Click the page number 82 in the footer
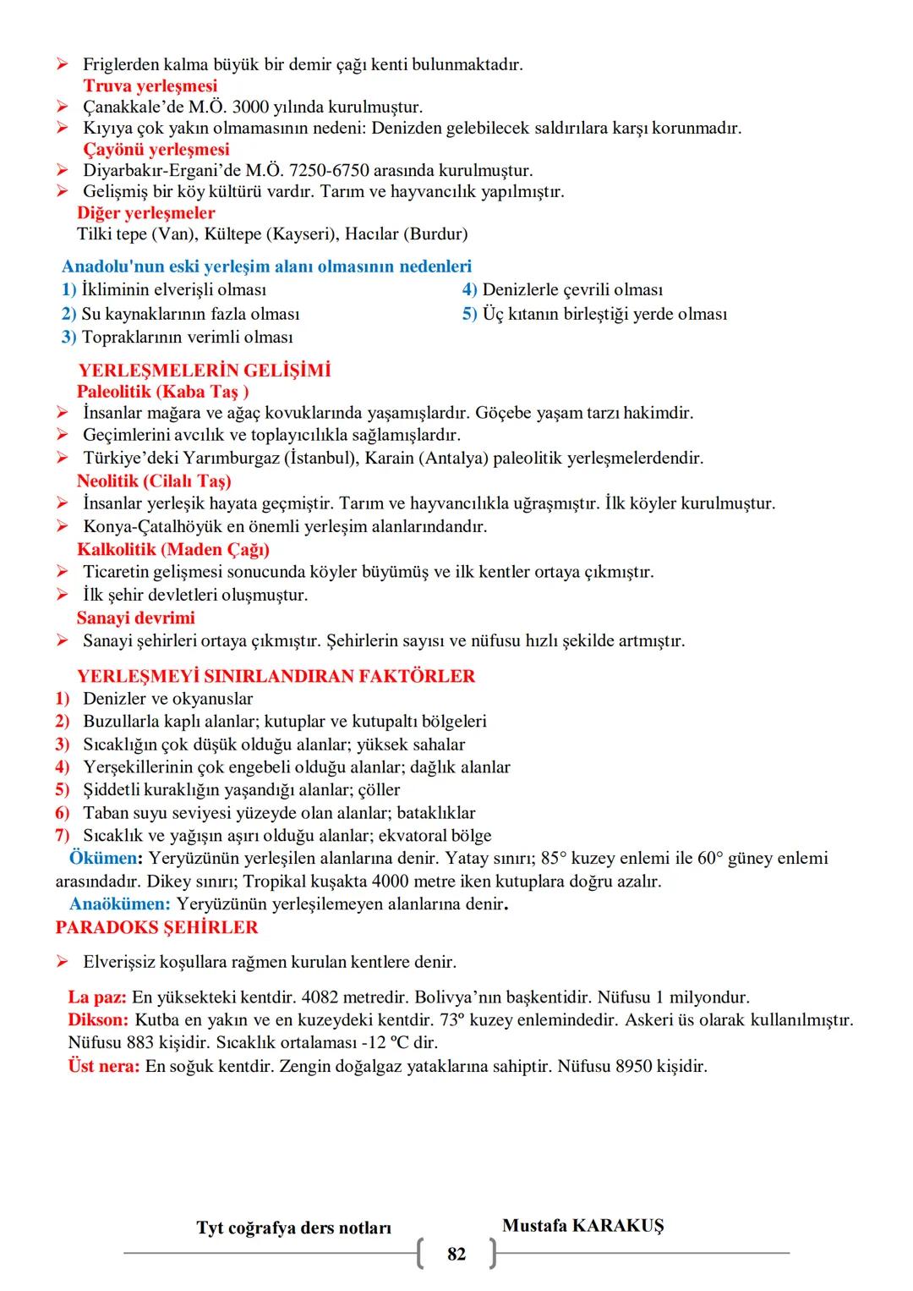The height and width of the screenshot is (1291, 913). pyautogui.click(x=456, y=1254)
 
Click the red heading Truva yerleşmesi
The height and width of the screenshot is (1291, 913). pyautogui.click(x=150, y=85)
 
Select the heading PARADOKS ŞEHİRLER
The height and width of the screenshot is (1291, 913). pyautogui.click(x=156, y=927)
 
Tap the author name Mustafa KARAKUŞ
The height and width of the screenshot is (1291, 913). pyautogui.click(x=582, y=1225)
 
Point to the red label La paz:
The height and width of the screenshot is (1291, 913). pyautogui.click(x=97, y=997)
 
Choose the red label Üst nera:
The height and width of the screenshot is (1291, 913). pyautogui.click(x=103, y=1066)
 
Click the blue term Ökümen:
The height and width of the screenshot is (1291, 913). pyautogui.click(x=106, y=858)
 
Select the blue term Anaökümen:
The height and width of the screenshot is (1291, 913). pyautogui.click(x=120, y=904)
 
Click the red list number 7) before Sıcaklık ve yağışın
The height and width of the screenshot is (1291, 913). pyautogui.click(x=63, y=835)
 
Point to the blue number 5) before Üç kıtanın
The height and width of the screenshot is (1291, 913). pyautogui.click(x=469, y=314)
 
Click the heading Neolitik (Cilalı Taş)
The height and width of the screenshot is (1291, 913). pyautogui.click(x=154, y=481)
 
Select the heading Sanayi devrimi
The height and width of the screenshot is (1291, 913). pyautogui.click(x=135, y=618)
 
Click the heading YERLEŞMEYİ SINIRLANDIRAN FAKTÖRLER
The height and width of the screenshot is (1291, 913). pyautogui.click(x=276, y=676)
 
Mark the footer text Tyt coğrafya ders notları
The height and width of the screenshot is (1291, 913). pyautogui.click(x=293, y=1228)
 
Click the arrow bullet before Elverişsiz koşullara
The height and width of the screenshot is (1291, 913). pyautogui.click(x=63, y=962)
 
